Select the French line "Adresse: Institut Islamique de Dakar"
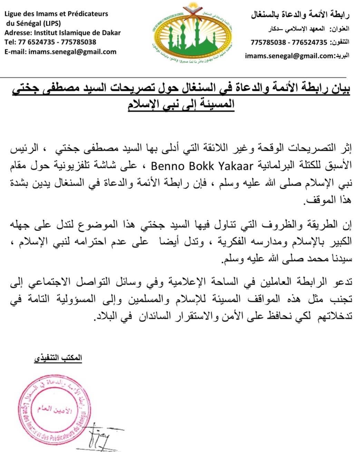[62, 33]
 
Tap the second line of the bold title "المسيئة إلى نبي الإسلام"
[181, 105]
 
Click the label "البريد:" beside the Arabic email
[343, 56]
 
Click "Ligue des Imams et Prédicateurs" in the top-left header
[56, 14]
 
